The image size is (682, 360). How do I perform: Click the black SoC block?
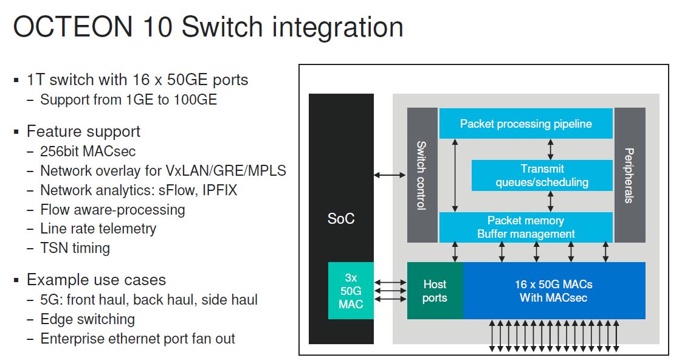[x=340, y=182]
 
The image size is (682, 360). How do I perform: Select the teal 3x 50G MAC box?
[x=351, y=291]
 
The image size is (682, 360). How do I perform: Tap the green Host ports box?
[x=435, y=291]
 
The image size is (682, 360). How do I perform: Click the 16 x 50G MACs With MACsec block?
[x=554, y=291]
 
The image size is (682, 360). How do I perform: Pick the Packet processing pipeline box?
[x=526, y=124]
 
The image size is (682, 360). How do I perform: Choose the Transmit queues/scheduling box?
[x=542, y=175]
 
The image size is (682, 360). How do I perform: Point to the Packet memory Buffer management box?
[x=526, y=227]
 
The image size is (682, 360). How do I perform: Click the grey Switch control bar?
[x=422, y=175]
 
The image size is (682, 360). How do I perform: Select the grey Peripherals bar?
[x=629, y=175]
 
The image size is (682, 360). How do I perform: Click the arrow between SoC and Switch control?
[x=390, y=175]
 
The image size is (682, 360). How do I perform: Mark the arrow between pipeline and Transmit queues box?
[x=551, y=149]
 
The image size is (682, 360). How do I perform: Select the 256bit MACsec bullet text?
[x=88, y=151]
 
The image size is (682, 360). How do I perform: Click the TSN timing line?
[x=75, y=248]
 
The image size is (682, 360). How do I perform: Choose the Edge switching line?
[x=88, y=319]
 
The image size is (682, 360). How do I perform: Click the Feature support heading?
[x=83, y=131]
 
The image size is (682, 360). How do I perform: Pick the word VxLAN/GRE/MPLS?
[x=236, y=171]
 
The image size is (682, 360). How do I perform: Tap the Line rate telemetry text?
[x=98, y=229]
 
